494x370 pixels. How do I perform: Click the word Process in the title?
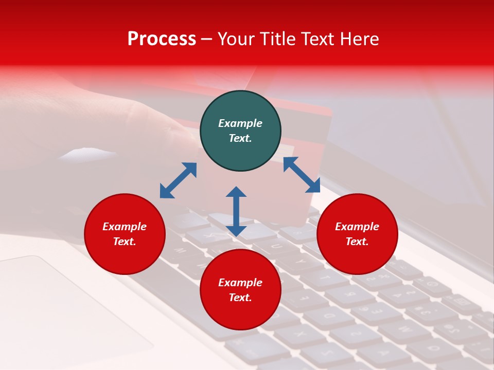coord(162,39)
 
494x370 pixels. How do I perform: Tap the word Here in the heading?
coord(359,39)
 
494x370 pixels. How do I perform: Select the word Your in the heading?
coord(237,39)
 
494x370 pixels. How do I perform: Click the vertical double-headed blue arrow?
coord(236,211)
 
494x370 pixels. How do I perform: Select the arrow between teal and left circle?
coord(178,180)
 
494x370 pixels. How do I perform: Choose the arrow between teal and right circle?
coord(302,175)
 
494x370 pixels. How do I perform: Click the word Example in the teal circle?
coord(240,123)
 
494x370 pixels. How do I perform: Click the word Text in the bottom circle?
coord(239,298)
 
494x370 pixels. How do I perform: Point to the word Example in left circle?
coord(125,227)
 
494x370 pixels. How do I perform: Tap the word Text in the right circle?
coord(356,242)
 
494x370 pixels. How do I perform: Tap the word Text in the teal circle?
coord(239,138)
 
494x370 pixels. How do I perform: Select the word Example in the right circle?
coord(357,227)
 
